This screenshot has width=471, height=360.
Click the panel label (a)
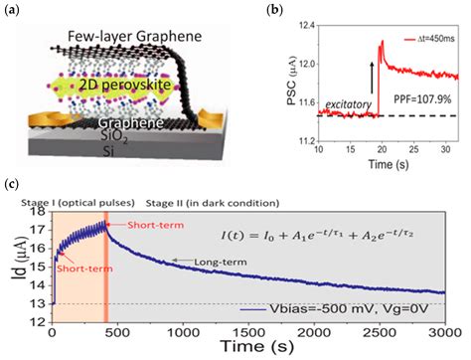(13, 13)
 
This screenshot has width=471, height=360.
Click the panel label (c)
(12, 183)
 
